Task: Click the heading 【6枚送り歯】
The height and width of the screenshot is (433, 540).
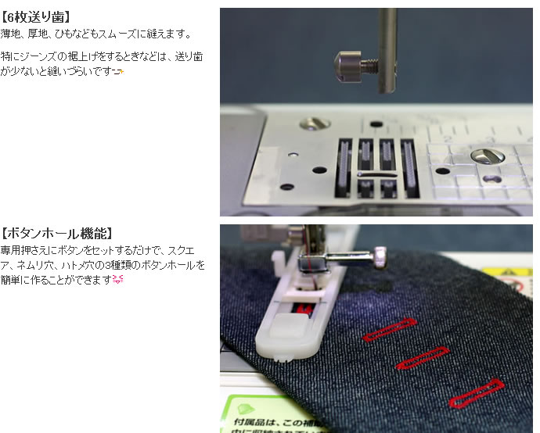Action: click(x=38, y=16)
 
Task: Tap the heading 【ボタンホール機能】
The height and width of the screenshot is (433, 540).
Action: click(x=58, y=233)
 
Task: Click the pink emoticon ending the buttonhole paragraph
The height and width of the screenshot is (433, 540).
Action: click(x=119, y=280)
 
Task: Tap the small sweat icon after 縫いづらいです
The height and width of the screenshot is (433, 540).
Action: click(x=119, y=72)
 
